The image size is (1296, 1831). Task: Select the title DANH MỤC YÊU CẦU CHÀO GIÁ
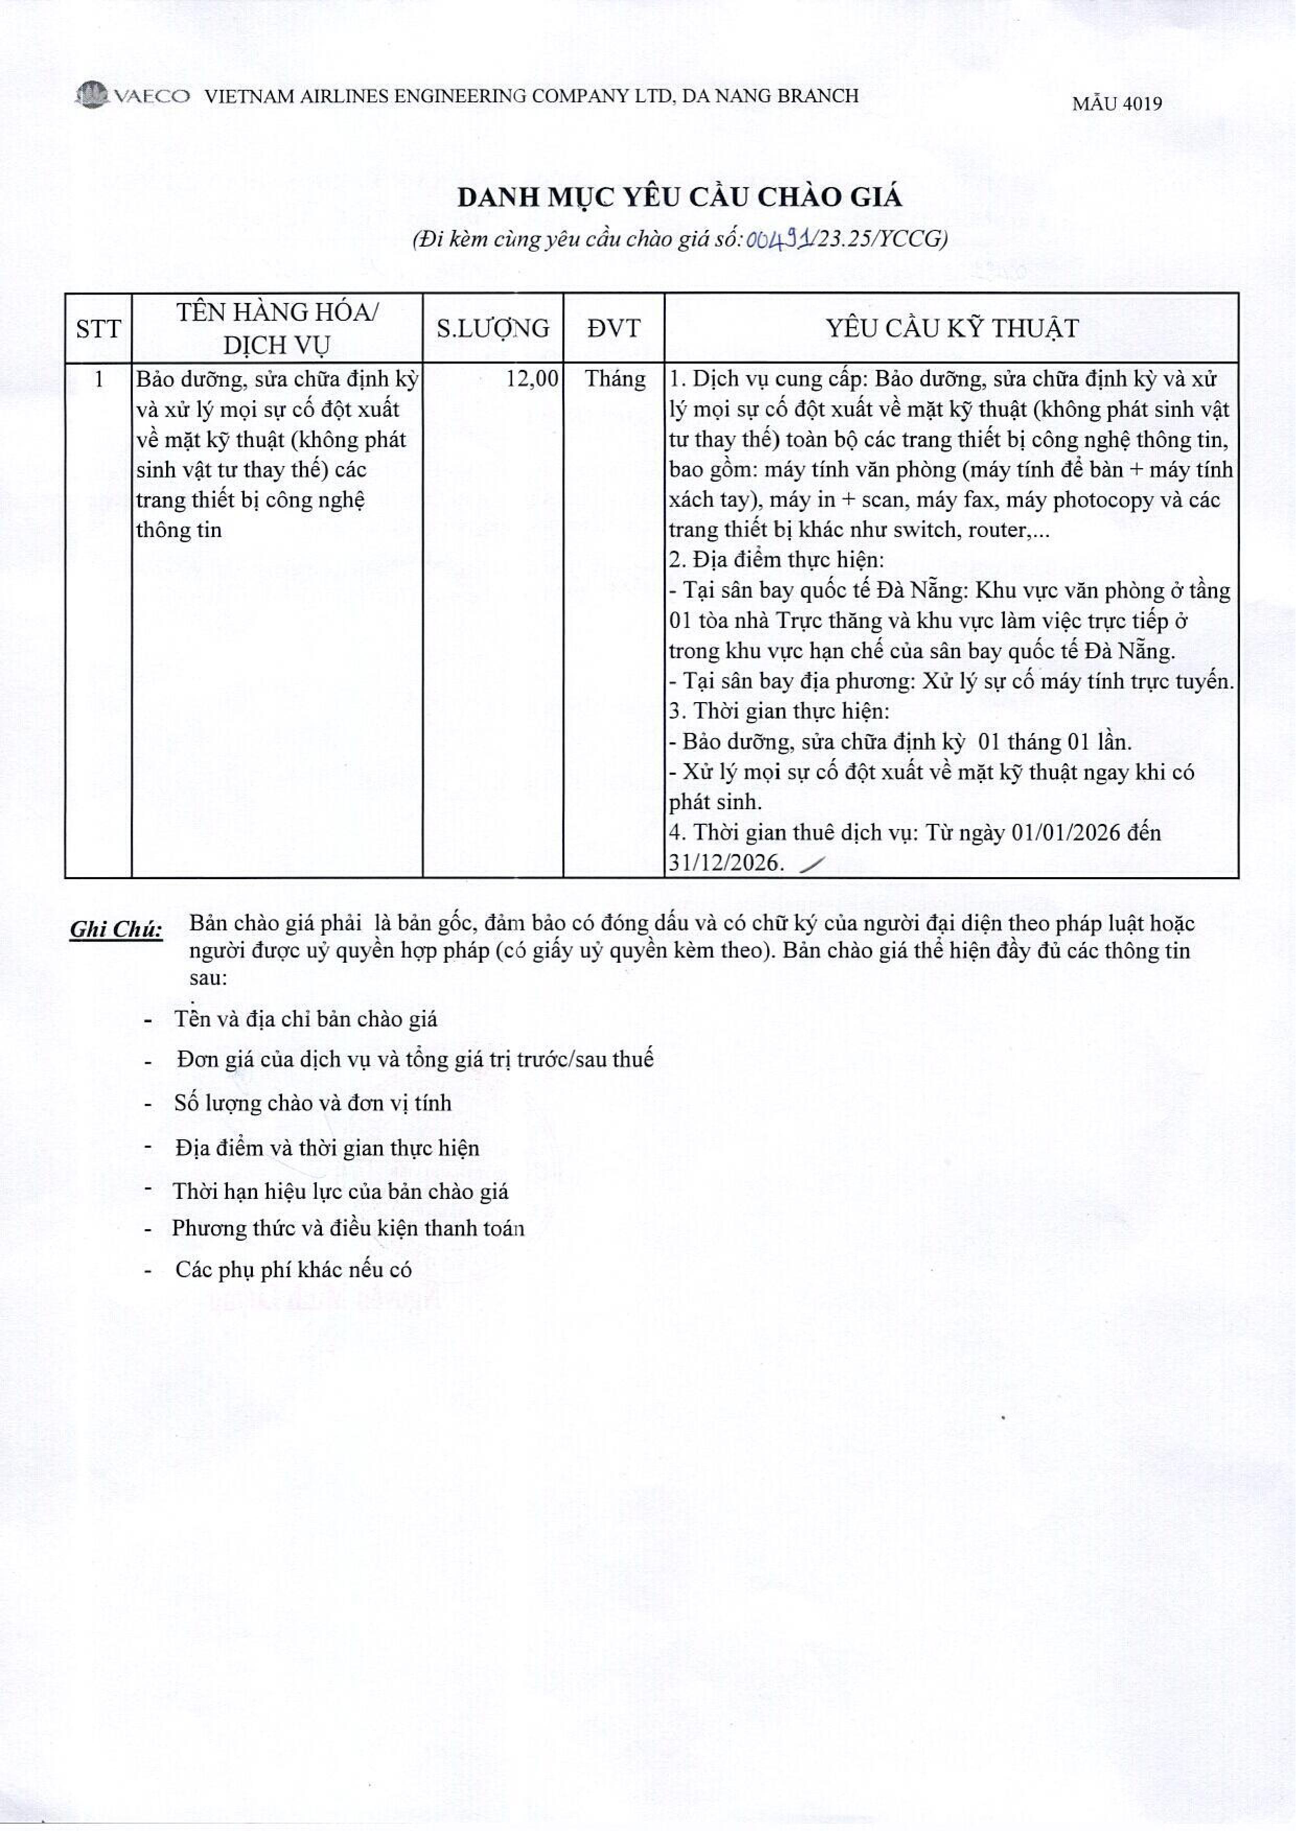pyautogui.click(x=679, y=197)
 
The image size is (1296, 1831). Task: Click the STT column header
pyautogui.click(x=98, y=329)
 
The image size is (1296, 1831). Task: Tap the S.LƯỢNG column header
pyautogui.click(x=492, y=329)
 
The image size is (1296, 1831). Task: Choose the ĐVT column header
pyautogui.click(x=613, y=329)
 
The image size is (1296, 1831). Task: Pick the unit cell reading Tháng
pyautogui.click(x=615, y=379)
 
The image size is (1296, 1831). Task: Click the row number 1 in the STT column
pyautogui.click(x=98, y=379)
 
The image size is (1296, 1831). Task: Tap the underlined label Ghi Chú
pyautogui.click(x=117, y=929)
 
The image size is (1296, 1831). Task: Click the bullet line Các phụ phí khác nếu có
pyautogui.click(x=293, y=1269)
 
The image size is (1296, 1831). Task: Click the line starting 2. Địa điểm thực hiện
pyautogui.click(x=777, y=560)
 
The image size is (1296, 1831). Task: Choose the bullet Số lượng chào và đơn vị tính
pyautogui.click(x=312, y=1103)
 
